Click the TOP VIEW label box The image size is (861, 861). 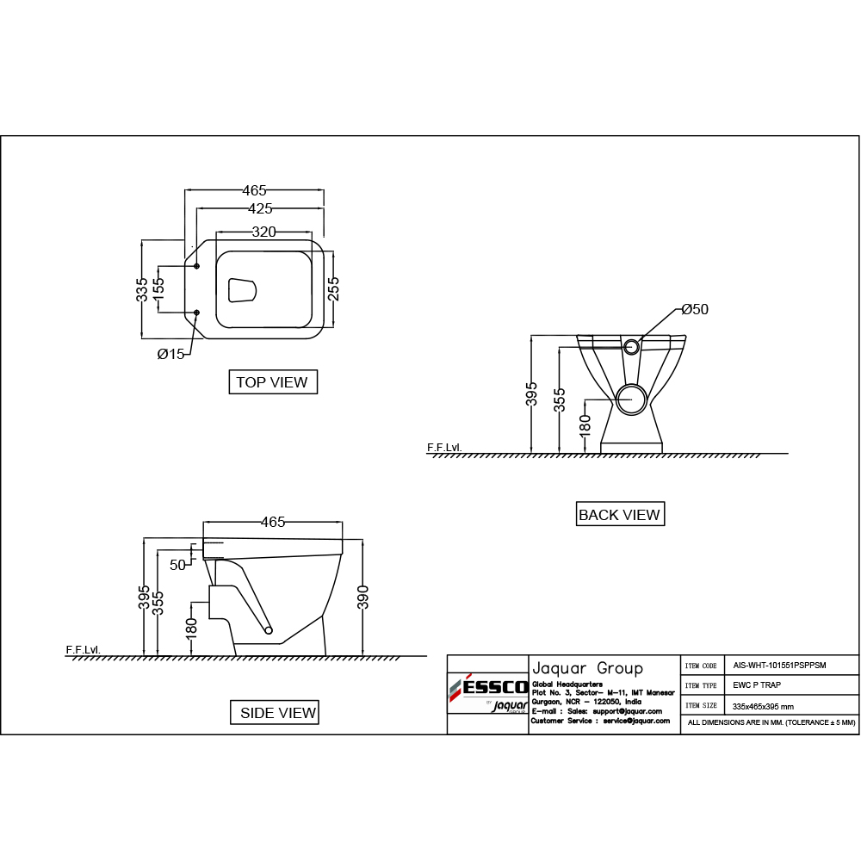273,381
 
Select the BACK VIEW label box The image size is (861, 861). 620,514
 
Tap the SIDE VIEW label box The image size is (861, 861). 274,712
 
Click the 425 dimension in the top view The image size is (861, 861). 260,208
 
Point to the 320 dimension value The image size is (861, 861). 263,232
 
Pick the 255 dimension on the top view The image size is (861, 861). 333,288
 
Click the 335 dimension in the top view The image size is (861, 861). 142,289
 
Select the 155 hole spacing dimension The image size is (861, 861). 158,288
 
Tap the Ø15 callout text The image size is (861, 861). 170,354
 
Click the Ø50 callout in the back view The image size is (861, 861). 695,309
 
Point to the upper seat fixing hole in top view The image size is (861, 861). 196,266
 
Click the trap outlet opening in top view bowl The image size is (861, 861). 242,290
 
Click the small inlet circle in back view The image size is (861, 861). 631,346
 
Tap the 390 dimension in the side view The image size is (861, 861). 362,598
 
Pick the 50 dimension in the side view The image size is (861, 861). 177,565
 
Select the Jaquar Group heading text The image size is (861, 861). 587,668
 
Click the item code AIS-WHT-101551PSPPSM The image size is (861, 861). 779,666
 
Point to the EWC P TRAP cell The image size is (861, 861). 757,685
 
